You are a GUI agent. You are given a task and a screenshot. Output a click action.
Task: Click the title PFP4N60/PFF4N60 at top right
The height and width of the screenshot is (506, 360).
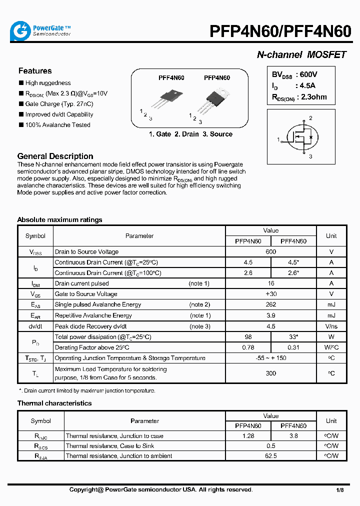(280, 31)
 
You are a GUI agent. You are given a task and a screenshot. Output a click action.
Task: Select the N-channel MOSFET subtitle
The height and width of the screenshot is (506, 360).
(301, 55)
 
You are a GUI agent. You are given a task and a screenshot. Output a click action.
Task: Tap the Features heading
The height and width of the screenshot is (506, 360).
(35, 71)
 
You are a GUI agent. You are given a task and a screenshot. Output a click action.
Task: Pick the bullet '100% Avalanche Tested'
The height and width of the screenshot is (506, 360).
(57, 125)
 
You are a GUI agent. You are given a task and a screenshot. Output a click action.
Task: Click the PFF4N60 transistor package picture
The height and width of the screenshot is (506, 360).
(167, 98)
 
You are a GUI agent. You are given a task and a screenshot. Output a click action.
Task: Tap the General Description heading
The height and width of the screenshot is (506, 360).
(55, 156)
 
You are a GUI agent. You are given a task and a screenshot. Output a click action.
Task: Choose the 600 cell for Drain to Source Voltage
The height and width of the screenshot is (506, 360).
(270, 252)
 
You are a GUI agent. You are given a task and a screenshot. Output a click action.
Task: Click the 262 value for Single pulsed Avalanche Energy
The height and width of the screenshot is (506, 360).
(270, 304)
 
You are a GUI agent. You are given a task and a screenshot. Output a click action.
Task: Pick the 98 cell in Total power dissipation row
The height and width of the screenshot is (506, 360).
(248, 337)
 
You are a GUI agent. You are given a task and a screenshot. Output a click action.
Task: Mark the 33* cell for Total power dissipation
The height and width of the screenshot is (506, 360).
(293, 337)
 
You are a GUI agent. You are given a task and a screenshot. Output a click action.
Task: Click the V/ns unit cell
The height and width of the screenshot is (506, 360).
(331, 326)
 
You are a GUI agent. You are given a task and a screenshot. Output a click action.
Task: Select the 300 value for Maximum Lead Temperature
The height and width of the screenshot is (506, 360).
(270, 373)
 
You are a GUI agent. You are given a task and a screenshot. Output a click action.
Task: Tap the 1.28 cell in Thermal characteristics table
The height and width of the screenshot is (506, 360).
(248, 436)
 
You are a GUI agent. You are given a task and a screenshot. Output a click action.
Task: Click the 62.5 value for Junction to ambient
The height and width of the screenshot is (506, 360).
(270, 456)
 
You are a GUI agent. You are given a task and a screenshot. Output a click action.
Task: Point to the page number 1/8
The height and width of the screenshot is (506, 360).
(339, 490)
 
